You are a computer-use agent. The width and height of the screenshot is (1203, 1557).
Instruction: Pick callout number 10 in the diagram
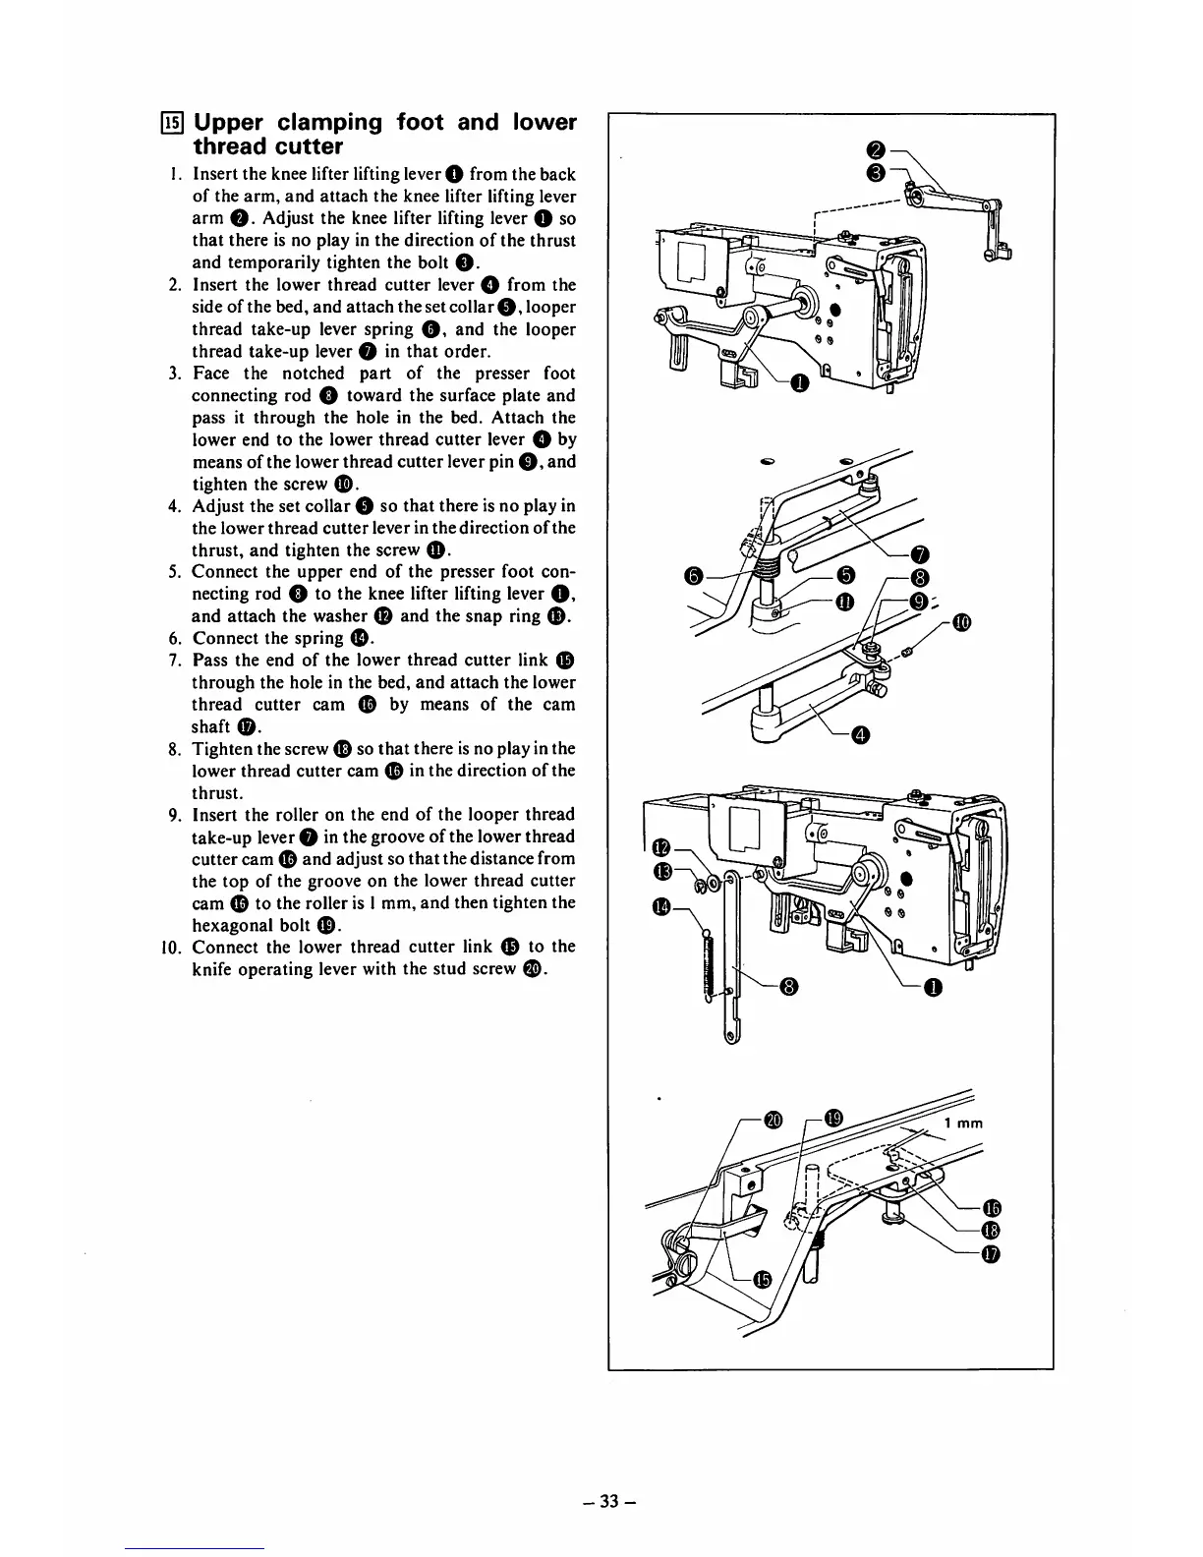point(960,622)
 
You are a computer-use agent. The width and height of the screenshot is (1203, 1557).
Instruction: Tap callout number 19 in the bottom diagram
point(833,1119)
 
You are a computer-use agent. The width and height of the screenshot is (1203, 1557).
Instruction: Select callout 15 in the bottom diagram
point(762,1278)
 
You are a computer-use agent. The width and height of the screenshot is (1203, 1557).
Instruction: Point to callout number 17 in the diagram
point(992,1253)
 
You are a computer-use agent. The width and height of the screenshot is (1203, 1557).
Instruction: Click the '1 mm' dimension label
point(962,1124)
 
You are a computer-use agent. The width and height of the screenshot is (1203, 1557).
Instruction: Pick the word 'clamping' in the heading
point(329,124)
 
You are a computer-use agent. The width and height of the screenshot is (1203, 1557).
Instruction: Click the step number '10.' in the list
point(172,948)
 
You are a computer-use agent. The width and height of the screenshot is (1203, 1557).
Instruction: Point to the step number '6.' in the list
point(177,638)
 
